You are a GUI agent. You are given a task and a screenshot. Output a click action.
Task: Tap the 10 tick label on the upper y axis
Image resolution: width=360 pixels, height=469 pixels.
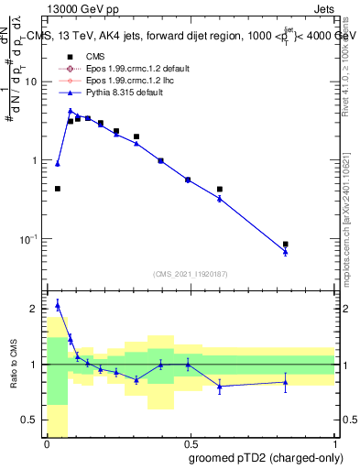pyautogui.click(x=31, y=82)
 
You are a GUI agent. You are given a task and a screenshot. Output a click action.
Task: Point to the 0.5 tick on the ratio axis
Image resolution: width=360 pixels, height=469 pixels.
pyautogui.click(x=30, y=420)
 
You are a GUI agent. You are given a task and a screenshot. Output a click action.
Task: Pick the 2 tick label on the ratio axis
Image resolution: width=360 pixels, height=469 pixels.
pyautogui.click(x=35, y=309)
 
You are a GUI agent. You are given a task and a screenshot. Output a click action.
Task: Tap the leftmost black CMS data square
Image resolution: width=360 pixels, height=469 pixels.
pyautogui.click(x=58, y=189)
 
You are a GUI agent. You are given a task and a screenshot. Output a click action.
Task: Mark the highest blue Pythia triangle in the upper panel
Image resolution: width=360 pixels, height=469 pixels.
pyautogui.click(x=71, y=111)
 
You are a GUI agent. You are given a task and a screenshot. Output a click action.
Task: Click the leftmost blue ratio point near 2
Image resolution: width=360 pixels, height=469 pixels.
pyautogui.click(x=58, y=305)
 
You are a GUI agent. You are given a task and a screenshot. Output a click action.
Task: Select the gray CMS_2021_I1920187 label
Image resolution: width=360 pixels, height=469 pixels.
pyautogui.click(x=190, y=274)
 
